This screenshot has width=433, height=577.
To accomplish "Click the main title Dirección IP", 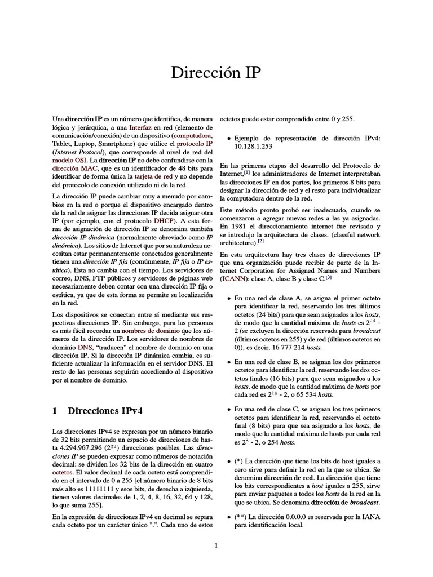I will pos(216,73).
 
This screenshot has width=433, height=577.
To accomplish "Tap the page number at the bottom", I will pos(216,545).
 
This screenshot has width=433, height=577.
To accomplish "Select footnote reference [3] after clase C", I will pos(328,277).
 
